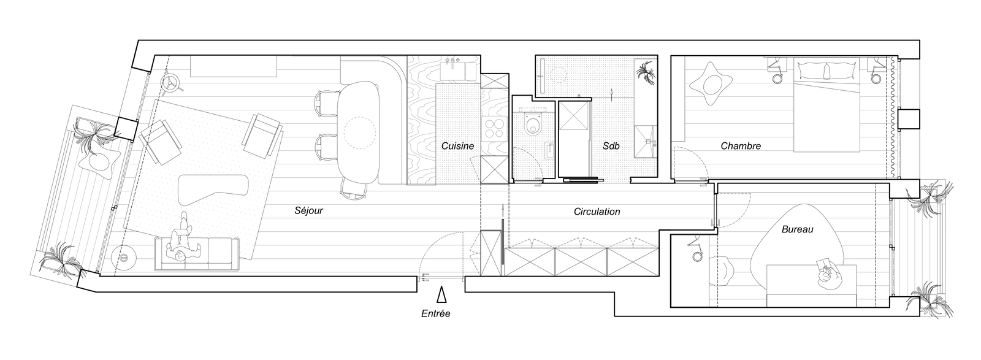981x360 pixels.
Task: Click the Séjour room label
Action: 309,210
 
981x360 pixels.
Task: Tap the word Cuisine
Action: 457,146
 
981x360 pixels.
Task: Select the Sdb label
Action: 611,146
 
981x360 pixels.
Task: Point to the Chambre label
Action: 741,146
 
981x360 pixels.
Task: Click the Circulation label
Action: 597,212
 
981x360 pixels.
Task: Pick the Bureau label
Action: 798,229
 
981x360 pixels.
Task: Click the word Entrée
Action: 436,313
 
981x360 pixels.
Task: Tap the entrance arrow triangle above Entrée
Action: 441,294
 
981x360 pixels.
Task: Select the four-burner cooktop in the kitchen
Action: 495,129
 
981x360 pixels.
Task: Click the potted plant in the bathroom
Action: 646,74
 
